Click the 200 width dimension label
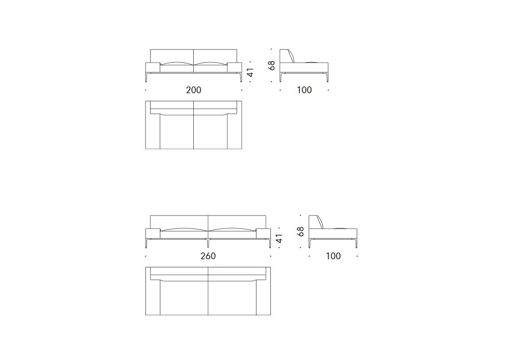[193, 90]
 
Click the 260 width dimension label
[208, 256]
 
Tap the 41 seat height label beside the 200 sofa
[250, 72]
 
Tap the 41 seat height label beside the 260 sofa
[279, 238]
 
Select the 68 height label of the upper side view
[271, 65]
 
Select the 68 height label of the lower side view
[300, 231]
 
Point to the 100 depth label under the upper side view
[304, 90]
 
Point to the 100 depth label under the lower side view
[333, 256]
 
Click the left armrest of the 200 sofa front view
[153, 67]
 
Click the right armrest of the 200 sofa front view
[234, 67]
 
